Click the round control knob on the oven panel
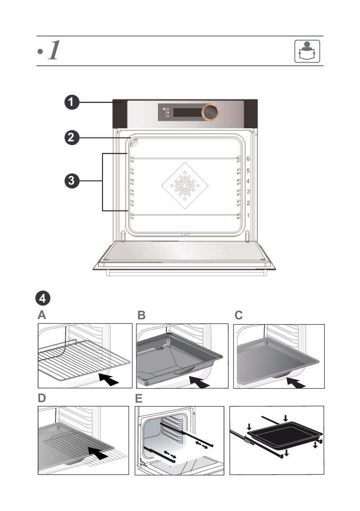[210, 112]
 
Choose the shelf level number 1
[248, 216]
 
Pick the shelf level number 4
[248, 181]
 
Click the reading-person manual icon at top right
[307, 51]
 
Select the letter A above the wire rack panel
[42, 316]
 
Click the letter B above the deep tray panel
[142, 316]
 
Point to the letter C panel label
[239, 316]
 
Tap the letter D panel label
[42, 398]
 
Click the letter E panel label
[139, 398]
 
